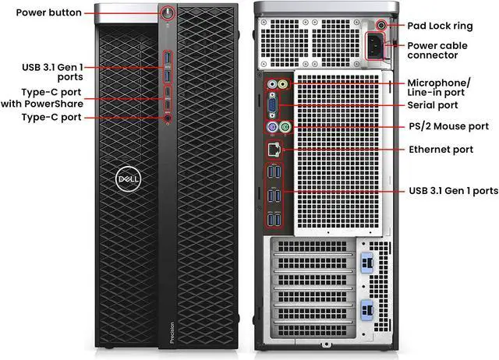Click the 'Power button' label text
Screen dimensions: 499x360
pyautogui.click(x=44, y=14)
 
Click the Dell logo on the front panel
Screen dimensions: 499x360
pyautogui.click(x=126, y=178)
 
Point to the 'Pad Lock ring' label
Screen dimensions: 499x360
pyautogui.click(x=444, y=26)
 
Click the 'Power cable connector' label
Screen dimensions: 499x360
pyautogui.click(x=439, y=51)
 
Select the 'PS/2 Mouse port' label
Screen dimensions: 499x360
pyautogui.click(x=449, y=126)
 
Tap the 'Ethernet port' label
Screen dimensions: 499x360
pyautogui.click(x=441, y=149)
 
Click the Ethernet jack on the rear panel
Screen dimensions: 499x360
pyautogui.click(x=274, y=148)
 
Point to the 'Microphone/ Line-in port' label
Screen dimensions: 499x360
pyautogui.click(x=439, y=86)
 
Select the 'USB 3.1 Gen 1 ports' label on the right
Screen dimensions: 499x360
pyautogui.click(x=453, y=190)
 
